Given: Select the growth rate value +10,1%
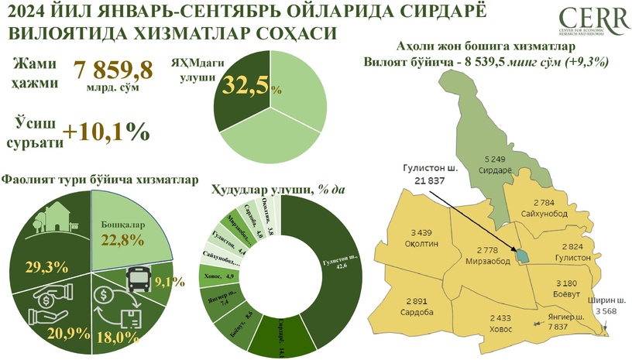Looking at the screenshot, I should point(108,132).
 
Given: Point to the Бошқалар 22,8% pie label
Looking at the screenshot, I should point(125,231).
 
